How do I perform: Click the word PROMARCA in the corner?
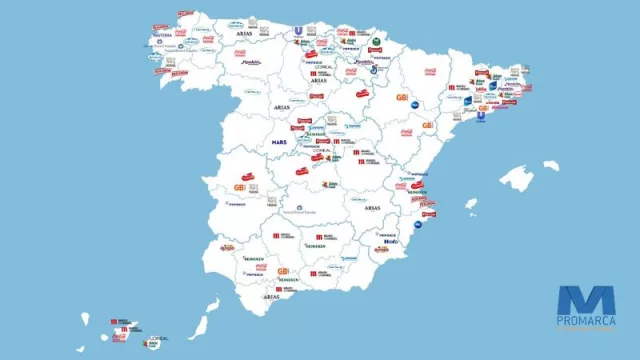click(x=586, y=321)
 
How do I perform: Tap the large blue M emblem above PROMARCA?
click(x=586, y=299)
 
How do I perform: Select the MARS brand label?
click(x=279, y=143)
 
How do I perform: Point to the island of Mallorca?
click(x=516, y=179)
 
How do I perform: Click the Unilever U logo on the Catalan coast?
click(x=480, y=115)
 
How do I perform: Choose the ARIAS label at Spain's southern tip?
click(x=271, y=297)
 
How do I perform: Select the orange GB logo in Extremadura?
click(x=239, y=187)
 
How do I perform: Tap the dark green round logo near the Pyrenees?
click(x=376, y=42)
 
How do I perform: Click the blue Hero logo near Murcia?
click(x=391, y=242)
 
